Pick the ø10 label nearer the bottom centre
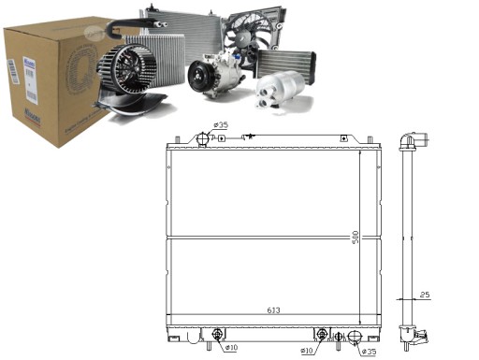point(307,352)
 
